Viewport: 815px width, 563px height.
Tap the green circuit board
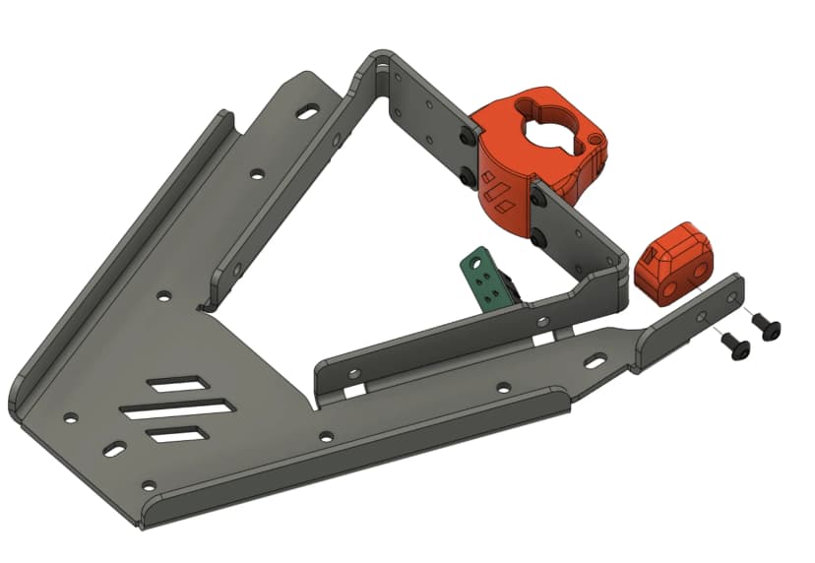485,280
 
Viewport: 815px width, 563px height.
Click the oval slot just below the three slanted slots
115,450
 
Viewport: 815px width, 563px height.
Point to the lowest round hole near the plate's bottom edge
148,485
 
